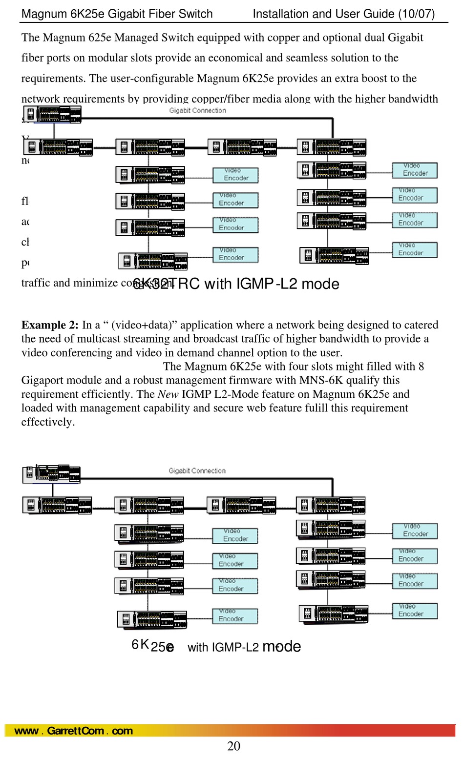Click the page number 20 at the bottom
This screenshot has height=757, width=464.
[233, 746]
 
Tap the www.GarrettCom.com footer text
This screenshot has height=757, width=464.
[74, 731]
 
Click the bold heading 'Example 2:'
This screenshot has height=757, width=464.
[50, 325]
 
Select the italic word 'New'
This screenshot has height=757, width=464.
[168, 394]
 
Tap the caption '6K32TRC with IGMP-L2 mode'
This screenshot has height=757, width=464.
[236, 284]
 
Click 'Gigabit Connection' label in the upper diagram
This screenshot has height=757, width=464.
[198, 110]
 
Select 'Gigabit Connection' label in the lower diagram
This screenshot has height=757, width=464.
[197, 471]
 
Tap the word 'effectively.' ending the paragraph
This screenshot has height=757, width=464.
[48, 422]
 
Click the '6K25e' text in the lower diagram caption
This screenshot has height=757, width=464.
[152, 646]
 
